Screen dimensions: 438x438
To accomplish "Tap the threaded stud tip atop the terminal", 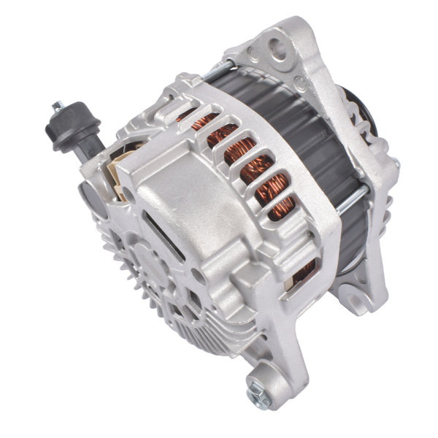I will pos(56,107).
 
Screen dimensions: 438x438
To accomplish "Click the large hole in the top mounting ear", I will pos(279,50).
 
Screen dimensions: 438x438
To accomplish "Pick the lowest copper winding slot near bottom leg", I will pos(303,272).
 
